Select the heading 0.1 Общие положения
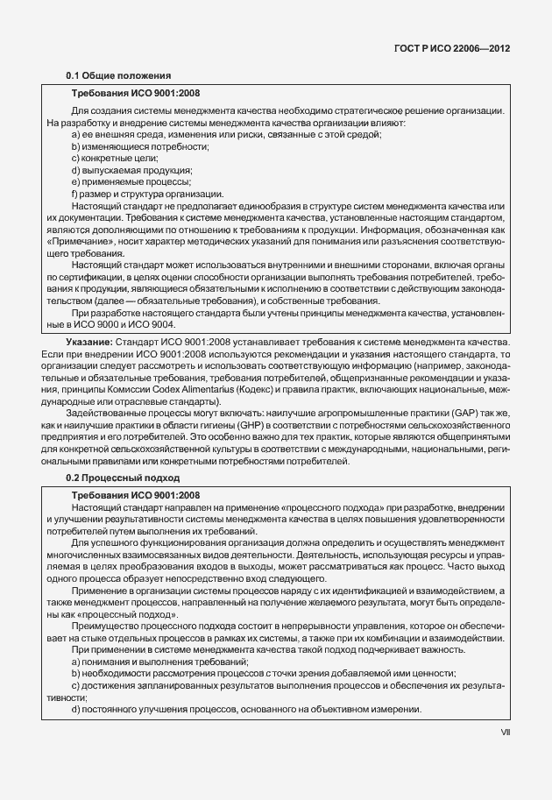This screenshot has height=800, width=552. click(x=118, y=75)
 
